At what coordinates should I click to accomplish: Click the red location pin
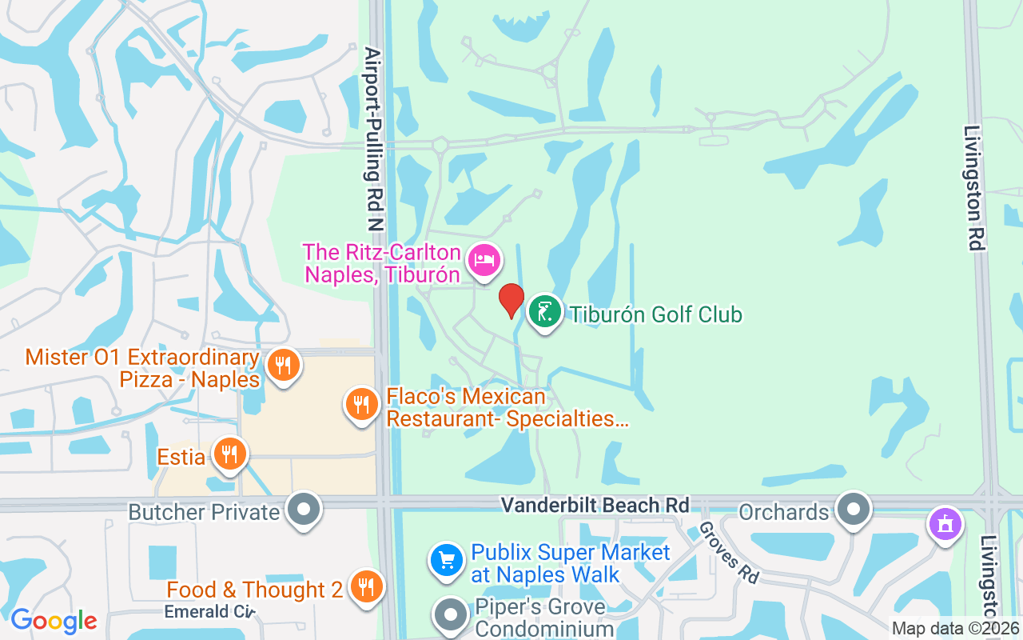tap(511, 301)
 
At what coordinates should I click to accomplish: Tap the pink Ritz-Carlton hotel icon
tap(484, 260)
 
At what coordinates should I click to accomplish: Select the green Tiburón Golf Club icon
tap(545, 312)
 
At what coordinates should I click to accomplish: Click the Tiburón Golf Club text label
tap(655, 314)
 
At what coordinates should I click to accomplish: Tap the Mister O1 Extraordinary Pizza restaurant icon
tap(283, 366)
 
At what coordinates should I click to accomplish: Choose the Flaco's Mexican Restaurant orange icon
tap(362, 404)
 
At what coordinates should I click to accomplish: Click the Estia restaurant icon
tap(230, 454)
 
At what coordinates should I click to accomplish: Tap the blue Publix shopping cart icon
tap(447, 561)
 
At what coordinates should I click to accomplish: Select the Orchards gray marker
tap(853, 509)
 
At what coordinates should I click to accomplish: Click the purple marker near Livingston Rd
tap(945, 525)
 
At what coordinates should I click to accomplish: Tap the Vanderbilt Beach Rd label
tap(595, 506)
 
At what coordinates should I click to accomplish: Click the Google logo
tap(54, 621)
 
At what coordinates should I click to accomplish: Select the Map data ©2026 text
tap(954, 629)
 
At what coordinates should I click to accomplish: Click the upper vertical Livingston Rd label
tap(973, 188)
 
